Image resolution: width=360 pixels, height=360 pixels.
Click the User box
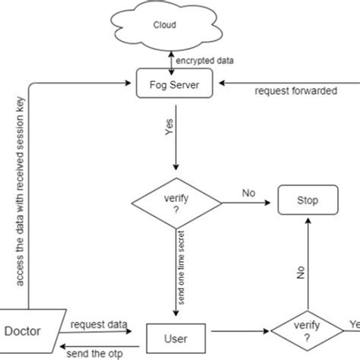(x=177, y=334)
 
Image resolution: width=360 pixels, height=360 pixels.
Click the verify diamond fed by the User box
(x=306, y=332)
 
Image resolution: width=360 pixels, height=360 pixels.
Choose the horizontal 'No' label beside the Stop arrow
(x=248, y=193)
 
